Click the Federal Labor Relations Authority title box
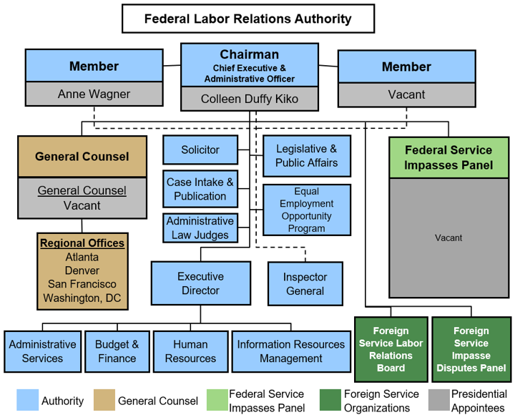(247, 19)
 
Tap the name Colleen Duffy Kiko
(249, 99)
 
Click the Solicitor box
(200, 150)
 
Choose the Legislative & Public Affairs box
(307, 156)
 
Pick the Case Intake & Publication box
(200, 189)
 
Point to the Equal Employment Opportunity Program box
(307, 210)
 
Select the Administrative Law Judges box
(200, 228)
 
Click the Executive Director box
(200, 283)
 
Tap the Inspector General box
(305, 283)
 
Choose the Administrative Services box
(42, 351)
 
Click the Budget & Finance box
(117, 351)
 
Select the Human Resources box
(190, 351)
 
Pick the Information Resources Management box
(291, 351)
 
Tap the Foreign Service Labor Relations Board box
(391, 349)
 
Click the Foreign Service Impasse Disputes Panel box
(470, 349)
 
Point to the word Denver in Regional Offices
(82, 270)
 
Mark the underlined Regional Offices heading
(82, 243)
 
